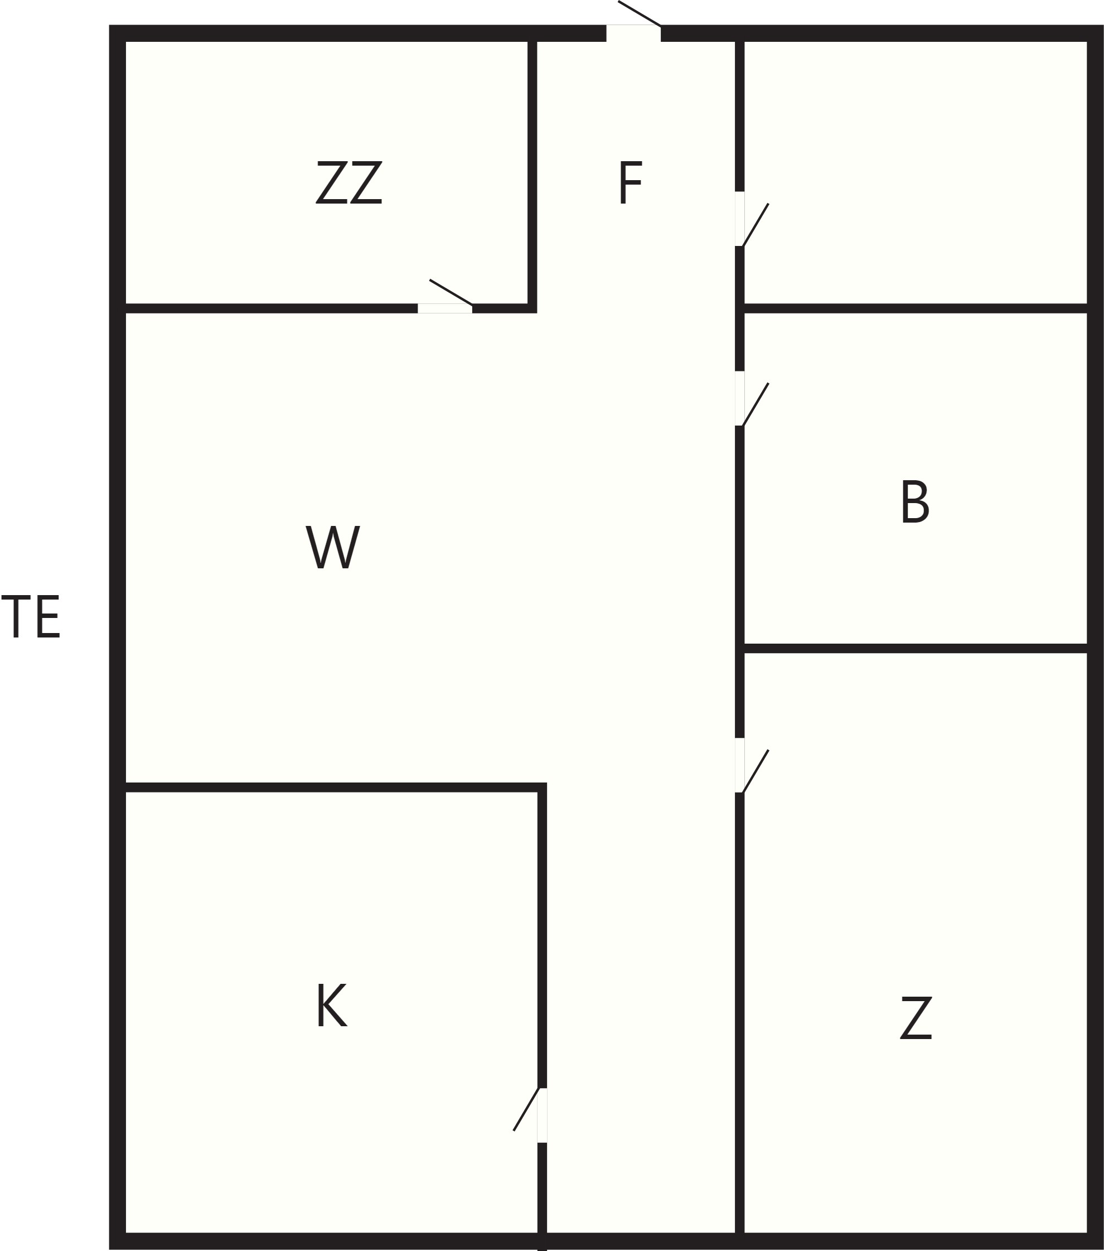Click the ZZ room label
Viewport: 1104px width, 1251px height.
coord(349,182)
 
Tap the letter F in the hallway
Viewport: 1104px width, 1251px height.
coord(630,182)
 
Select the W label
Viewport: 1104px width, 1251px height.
coord(332,547)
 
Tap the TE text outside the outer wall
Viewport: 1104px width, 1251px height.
coord(31,617)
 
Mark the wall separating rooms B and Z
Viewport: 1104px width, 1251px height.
coord(916,648)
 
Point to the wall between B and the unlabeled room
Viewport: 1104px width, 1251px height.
coord(916,308)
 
